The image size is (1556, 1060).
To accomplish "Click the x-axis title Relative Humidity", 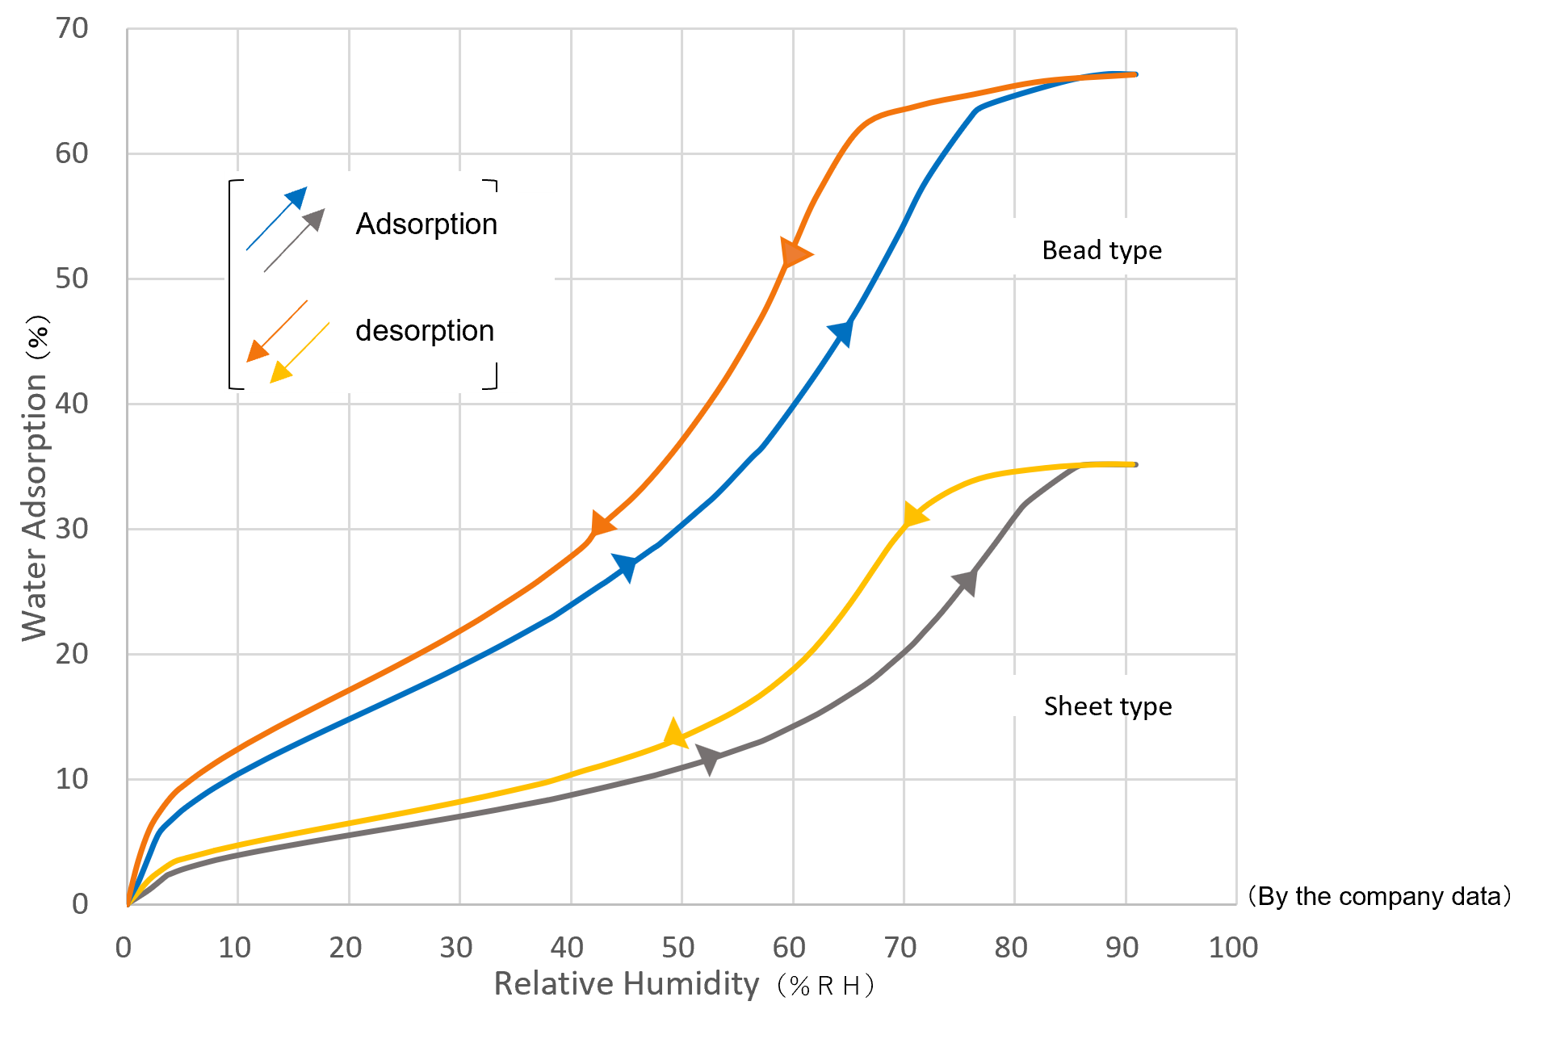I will [626, 984].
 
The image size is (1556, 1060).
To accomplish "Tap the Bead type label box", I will [1101, 247].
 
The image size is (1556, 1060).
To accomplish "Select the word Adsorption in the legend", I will [426, 224].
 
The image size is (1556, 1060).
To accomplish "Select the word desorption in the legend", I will [425, 331].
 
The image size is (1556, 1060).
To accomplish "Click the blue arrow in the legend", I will [277, 218].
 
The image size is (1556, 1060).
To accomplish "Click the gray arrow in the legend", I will [295, 240].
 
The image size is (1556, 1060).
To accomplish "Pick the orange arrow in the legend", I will [276, 331].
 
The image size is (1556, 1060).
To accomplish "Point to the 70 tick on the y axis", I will [72, 29].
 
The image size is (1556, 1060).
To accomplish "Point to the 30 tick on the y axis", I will [72, 530].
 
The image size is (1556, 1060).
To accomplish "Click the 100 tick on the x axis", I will [1232, 948].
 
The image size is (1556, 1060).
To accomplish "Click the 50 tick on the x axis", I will [677, 948].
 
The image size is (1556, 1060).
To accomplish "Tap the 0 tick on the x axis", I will [124, 948].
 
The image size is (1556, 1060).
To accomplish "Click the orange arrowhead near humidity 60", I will [795, 253].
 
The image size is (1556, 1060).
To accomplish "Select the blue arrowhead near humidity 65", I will [841, 332].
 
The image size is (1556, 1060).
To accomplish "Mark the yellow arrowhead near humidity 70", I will [913, 515].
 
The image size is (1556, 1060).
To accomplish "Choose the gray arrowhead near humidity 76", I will [966, 581].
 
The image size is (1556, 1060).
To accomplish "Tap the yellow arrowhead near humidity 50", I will [675, 734].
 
